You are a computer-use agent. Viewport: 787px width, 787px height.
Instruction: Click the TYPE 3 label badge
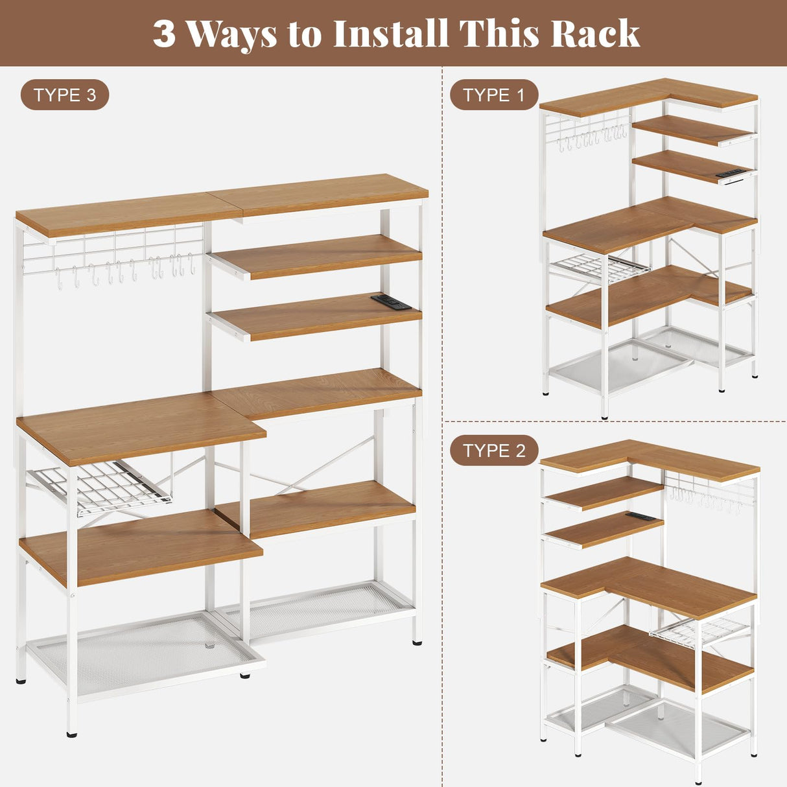click(x=65, y=95)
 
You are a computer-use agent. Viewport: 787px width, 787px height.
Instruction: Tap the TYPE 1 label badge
click(x=494, y=95)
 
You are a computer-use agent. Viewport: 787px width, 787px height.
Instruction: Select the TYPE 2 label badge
click(x=494, y=451)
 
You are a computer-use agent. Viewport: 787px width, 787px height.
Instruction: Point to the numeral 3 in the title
click(x=164, y=34)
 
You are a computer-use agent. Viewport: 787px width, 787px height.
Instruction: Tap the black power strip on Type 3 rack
click(x=390, y=301)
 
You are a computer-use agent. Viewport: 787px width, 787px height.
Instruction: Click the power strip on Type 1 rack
click(x=732, y=173)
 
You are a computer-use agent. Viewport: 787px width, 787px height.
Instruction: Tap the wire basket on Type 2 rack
click(x=700, y=629)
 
